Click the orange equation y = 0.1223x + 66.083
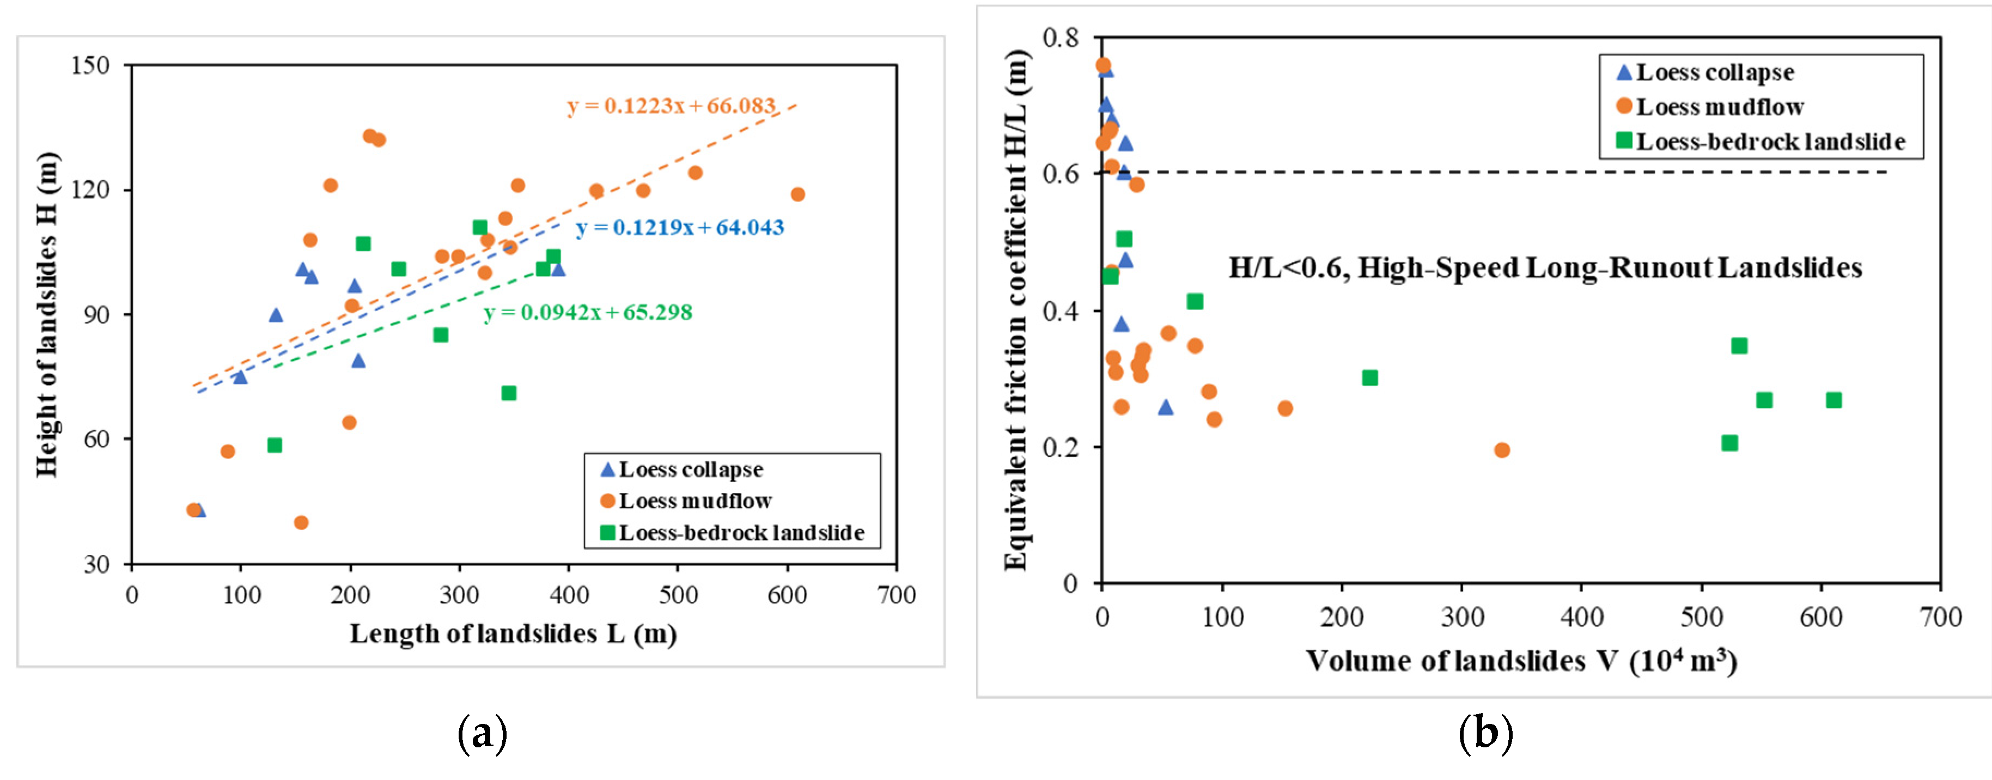click(671, 106)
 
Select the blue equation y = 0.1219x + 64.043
click(680, 227)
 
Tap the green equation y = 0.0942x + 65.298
click(588, 312)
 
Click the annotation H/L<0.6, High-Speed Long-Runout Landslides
click(1545, 268)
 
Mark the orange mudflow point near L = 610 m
click(797, 194)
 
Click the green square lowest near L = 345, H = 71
click(509, 393)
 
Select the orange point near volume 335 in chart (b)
click(1502, 450)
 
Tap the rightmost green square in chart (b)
click(1833, 400)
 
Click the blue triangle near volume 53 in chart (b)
click(1165, 407)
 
